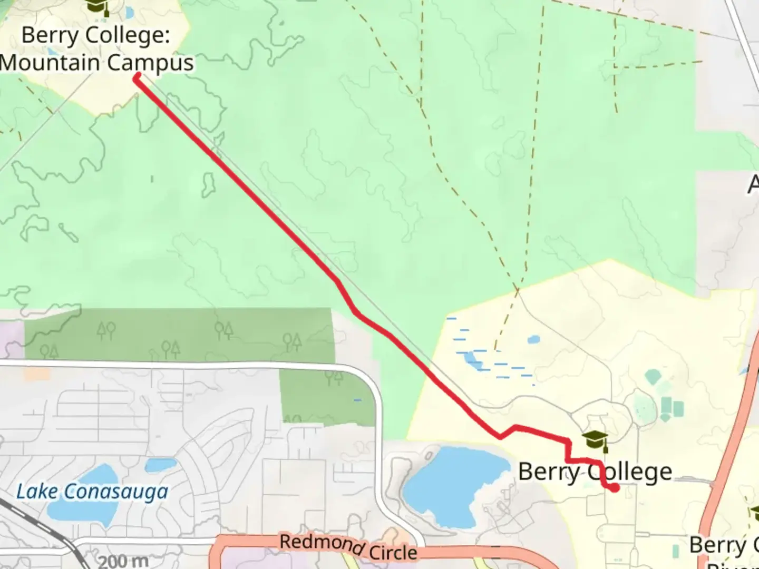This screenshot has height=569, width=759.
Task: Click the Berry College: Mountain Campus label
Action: click(x=97, y=49)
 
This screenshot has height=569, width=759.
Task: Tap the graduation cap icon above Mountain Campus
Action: click(x=97, y=6)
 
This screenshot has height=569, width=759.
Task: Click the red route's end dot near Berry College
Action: click(x=615, y=488)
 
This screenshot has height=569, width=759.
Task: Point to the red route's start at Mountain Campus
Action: click(x=137, y=78)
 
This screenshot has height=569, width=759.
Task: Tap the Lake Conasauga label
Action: click(x=92, y=492)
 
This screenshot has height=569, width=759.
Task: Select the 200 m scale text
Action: click(x=122, y=561)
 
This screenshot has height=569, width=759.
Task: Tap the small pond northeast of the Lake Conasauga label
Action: click(x=160, y=465)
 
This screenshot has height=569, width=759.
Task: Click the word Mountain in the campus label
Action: click(x=50, y=63)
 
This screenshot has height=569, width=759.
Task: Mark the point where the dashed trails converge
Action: click(x=518, y=289)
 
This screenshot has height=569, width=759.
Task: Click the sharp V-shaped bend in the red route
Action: click(x=500, y=436)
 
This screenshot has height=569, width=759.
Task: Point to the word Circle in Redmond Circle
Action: click(x=393, y=552)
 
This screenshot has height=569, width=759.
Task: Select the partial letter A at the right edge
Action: click(x=753, y=184)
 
